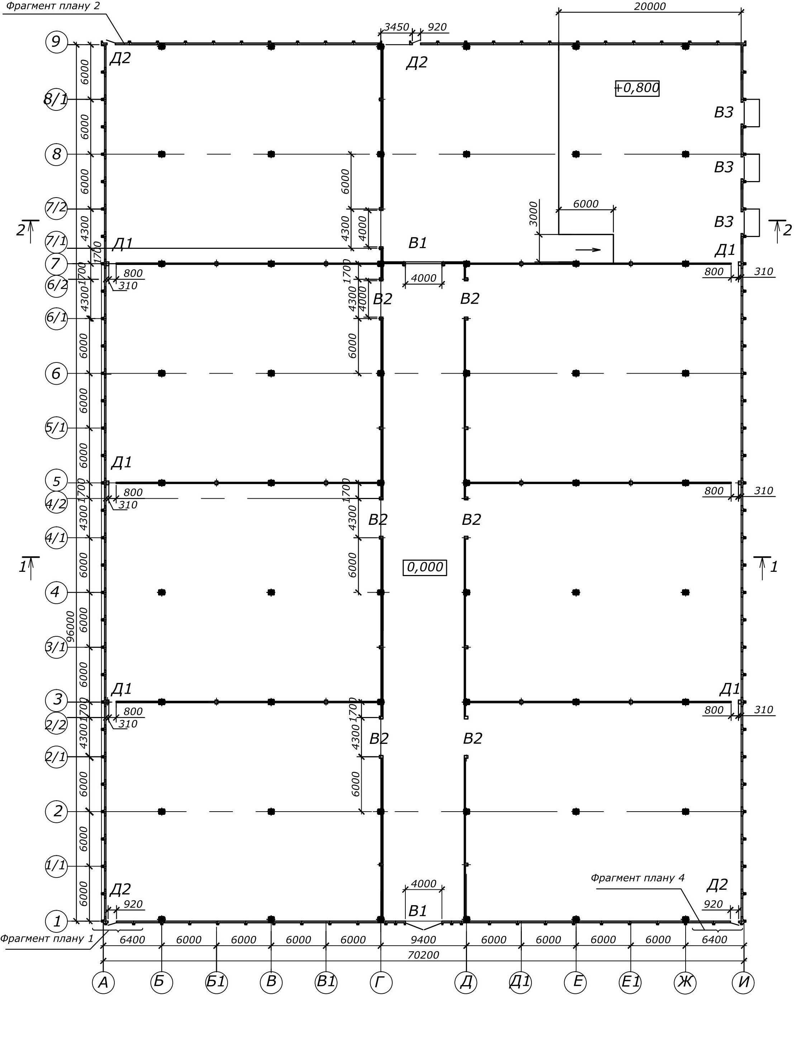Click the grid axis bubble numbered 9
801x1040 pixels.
tap(56, 42)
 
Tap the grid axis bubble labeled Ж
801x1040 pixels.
tap(685, 982)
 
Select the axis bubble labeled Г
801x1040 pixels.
tap(381, 982)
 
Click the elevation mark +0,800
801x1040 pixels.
tap(637, 88)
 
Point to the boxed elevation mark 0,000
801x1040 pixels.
tap(425, 567)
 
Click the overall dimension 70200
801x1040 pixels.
tap(423, 955)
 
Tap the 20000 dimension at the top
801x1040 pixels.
tap(650, 7)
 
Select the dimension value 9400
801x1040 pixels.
tap(423, 940)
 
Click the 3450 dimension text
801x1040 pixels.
tap(396, 27)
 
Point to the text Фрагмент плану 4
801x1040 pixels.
tap(637, 878)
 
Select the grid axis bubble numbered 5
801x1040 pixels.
tap(56, 481)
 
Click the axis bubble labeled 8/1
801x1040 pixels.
tap(56, 100)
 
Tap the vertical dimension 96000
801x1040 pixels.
tap(71, 626)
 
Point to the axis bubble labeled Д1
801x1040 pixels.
tap(521, 982)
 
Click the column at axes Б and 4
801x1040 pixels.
tap(162, 592)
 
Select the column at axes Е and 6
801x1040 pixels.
tap(576, 373)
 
